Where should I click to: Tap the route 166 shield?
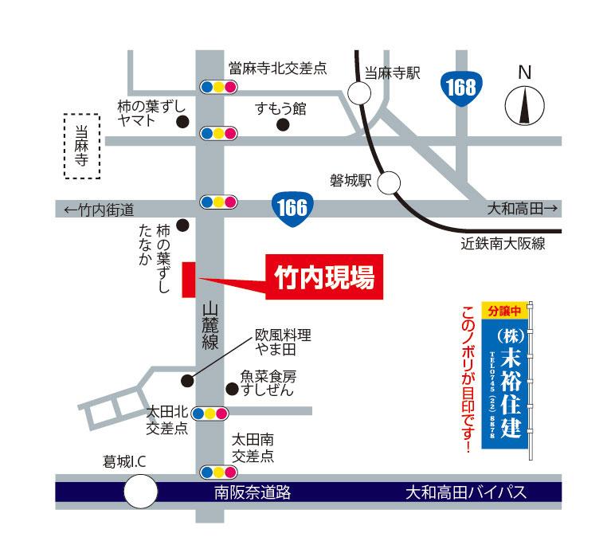[x=292, y=208]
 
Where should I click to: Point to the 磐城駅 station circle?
[x=389, y=183]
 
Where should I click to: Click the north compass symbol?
[x=523, y=103]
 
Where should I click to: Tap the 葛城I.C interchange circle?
[x=141, y=491]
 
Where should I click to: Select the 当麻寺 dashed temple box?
[x=83, y=146]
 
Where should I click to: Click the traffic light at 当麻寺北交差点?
[x=217, y=86]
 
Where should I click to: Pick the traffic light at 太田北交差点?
[x=211, y=413]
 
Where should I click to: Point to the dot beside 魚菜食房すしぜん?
[x=232, y=389]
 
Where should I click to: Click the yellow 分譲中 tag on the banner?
[x=504, y=310]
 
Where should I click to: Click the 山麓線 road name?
[x=210, y=325]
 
